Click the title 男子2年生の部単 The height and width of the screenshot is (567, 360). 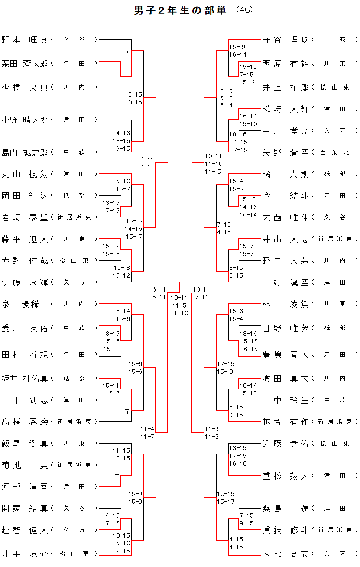180,11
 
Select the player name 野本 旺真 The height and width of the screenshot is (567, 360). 25,40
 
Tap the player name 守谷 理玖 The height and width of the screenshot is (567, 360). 285,40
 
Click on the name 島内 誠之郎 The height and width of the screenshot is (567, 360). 25,152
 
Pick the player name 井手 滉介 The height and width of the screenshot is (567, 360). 25,554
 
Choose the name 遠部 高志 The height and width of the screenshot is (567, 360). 285,554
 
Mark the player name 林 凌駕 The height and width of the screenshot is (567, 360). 285,304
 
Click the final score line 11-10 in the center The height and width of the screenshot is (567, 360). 179,313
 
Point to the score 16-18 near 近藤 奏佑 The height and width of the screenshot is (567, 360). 237,463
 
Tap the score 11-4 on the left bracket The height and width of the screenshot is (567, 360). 147,429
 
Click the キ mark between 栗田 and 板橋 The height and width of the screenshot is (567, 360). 117,74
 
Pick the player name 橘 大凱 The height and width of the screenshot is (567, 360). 285,174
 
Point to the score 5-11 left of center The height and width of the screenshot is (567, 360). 159,297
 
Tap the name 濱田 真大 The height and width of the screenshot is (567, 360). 285,379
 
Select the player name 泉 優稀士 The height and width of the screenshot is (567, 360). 25,304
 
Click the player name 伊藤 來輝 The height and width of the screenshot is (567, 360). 25,282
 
